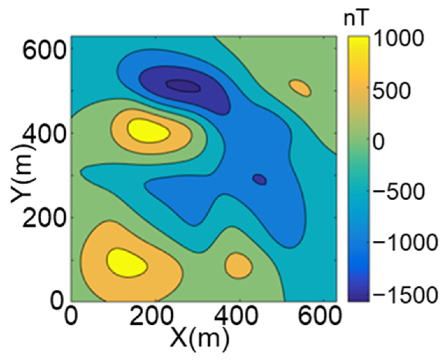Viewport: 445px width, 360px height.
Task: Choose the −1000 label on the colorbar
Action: point(405,243)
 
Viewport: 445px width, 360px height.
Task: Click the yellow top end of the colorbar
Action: point(358,41)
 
